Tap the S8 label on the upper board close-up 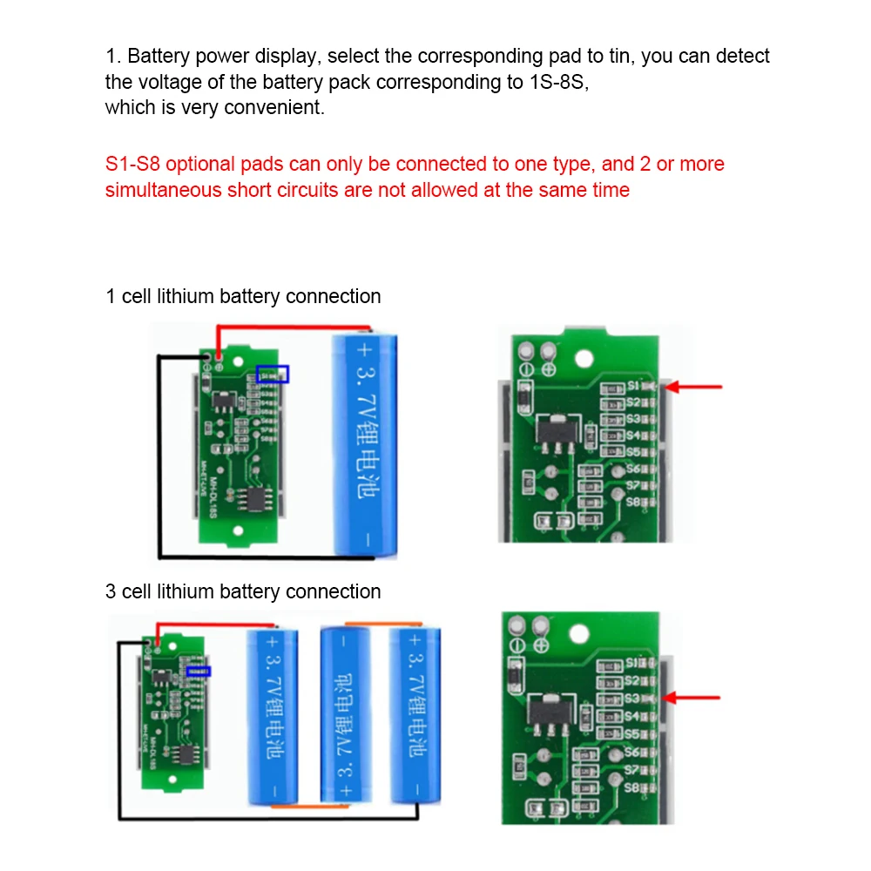point(633,502)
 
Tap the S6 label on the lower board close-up point(633,751)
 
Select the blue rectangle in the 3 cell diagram point(199,671)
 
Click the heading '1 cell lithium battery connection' point(243,296)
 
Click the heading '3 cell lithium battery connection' point(243,591)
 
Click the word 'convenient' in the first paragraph point(273,108)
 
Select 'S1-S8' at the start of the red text point(132,164)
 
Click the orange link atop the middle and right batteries point(380,624)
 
